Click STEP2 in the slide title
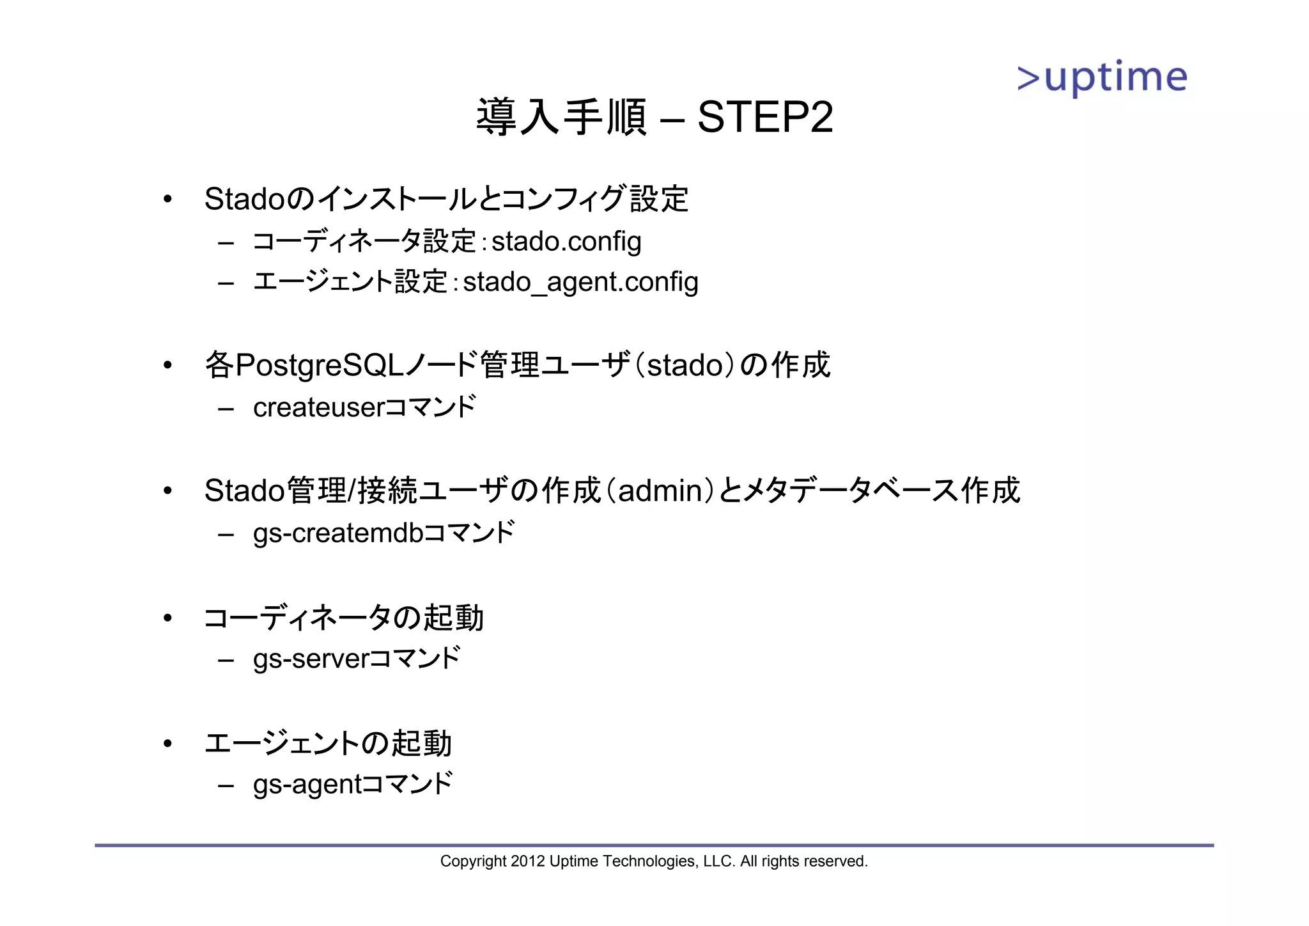tap(765, 118)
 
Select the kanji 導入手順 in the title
tap(561, 118)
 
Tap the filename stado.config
tap(566, 242)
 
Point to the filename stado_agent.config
tap(580, 283)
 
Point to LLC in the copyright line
tap(718, 861)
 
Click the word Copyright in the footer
tap(473, 861)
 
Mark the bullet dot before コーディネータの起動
tap(167, 618)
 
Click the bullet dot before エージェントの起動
tap(167, 743)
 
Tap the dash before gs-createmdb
tap(226, 534)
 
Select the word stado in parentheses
tap(685, 366)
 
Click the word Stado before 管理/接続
tap(244, 491)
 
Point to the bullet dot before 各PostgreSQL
tap(167, 366)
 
